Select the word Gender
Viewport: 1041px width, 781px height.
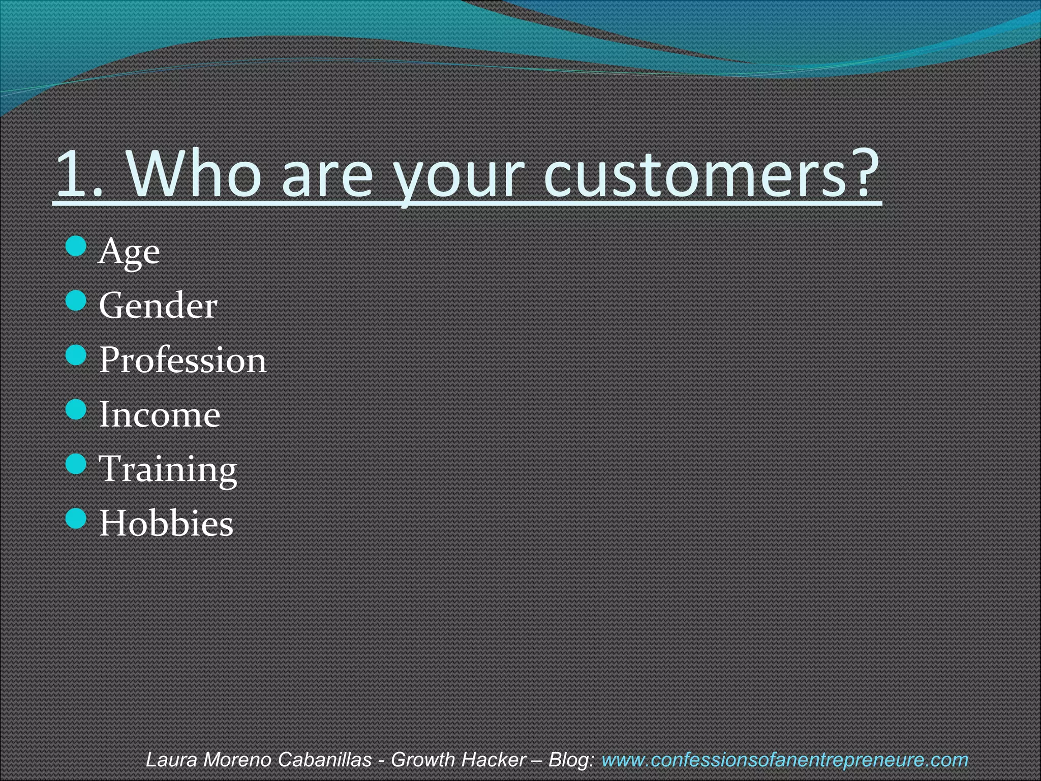(x=158, y=306)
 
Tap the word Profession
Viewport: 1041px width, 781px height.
(x=182, y=360)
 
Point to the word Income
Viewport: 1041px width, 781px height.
(x=160, y=414)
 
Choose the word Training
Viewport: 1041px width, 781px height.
(x=168, y=469)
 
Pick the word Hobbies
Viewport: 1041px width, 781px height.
(x=166, y=523)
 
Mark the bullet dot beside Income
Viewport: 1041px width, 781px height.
(x=76, y=409)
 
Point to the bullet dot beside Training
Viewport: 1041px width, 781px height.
(x=76, y=464)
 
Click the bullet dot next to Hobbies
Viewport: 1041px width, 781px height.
(x=76, y=518)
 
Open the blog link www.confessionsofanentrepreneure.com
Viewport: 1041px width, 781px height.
(x=784, y=760)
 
